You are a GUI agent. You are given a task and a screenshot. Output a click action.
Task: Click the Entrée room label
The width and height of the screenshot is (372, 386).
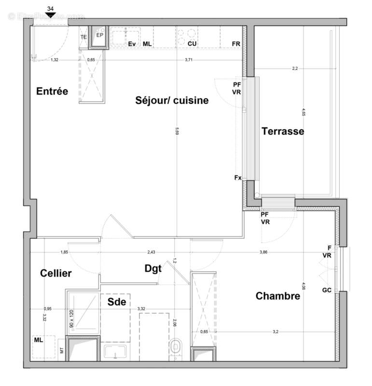(53, 91)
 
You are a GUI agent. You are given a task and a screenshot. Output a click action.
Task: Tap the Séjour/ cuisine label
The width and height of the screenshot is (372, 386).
(172, 100)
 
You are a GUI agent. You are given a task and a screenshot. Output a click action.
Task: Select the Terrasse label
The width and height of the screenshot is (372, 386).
(283, 131)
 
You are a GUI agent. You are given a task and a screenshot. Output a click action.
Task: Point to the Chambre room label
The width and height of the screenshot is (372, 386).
(278, 296)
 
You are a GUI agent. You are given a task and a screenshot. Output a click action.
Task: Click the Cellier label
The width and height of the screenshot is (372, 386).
(55, 273)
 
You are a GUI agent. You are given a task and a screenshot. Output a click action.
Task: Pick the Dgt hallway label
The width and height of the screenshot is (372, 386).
(153, 268)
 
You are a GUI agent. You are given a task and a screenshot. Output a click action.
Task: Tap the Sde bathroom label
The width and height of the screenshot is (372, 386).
(117, 302)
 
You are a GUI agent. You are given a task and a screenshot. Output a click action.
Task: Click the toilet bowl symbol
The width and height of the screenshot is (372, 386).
(176, 346)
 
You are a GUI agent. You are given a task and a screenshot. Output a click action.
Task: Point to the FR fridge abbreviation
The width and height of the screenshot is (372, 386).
(236, 44)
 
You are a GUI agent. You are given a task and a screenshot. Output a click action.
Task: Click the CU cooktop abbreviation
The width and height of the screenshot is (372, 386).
(192, 44)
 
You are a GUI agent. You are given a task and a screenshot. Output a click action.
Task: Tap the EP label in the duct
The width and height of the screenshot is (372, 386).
(99, 35)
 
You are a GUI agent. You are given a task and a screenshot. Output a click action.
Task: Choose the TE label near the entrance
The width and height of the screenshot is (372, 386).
(83, 37)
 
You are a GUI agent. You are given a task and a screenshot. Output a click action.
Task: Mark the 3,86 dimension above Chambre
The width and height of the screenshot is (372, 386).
(264, 252)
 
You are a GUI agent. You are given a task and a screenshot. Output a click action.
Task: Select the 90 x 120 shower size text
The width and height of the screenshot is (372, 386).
(71, 319)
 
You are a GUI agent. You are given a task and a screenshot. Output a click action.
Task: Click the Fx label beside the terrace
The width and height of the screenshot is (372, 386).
(237, 178)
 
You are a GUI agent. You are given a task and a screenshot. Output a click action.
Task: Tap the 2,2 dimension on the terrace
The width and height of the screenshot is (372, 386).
(295, 69)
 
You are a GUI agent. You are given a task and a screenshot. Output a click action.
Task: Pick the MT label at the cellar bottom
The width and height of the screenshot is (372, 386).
(61, 351)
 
